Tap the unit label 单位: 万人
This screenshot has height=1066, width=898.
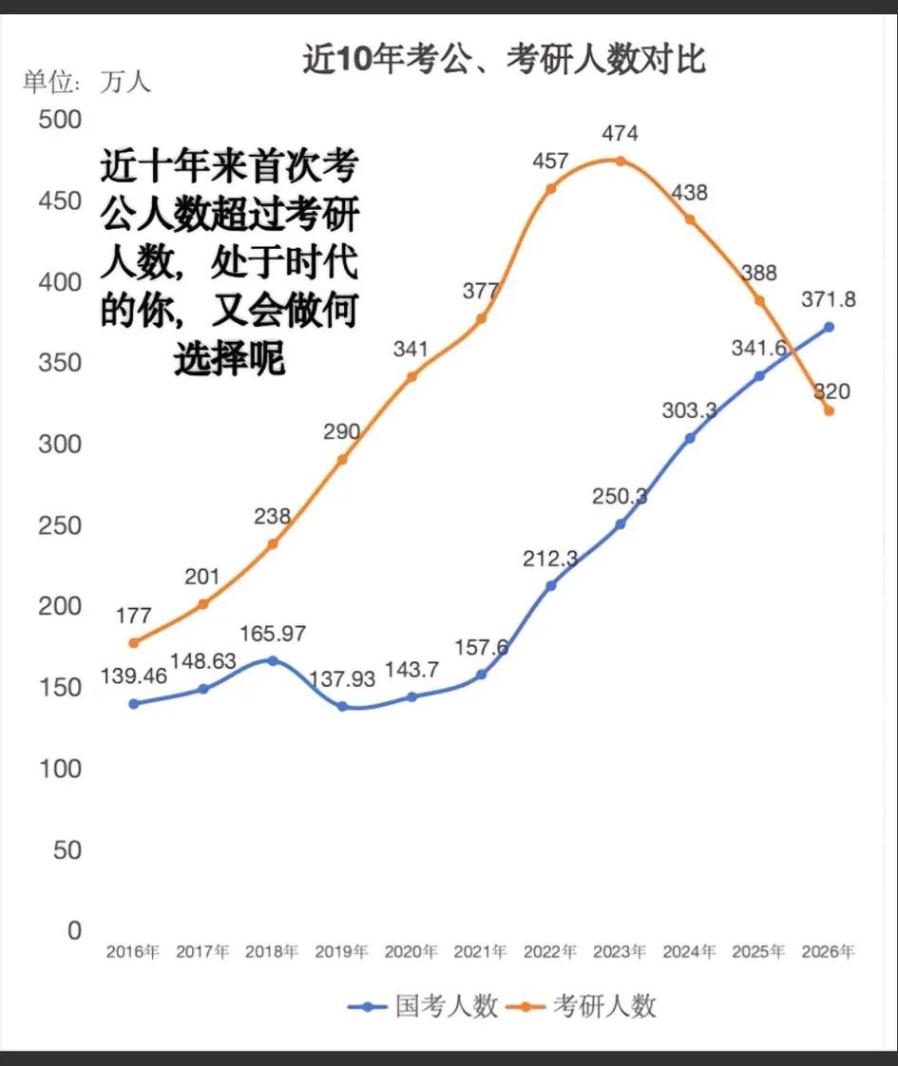click(x=87, y=83)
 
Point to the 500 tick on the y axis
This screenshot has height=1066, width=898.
click(x=59, y=121)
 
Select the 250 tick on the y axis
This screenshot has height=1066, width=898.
click(x=59, y=525)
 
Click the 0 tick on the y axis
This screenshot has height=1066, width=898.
click(x=73, y=930)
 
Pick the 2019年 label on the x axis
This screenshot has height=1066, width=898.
click(x=341, y=951)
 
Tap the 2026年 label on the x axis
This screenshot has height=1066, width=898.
click(x=828, y=951)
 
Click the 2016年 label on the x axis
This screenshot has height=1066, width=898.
click(x=133, y=951)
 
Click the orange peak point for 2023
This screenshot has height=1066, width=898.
click(x=620, y=161)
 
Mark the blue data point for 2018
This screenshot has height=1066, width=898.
click(x=273, y=660)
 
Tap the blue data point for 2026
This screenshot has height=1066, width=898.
click(x=829, y=327)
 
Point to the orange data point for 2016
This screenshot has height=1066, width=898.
click(x=134, y=643)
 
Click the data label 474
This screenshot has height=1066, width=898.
click(x=620, y=133)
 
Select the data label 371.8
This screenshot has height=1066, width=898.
click(x=828, y=299)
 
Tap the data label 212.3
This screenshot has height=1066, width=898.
click(x=550, y=559)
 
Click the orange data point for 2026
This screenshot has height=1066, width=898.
click(x=829, y=410)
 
